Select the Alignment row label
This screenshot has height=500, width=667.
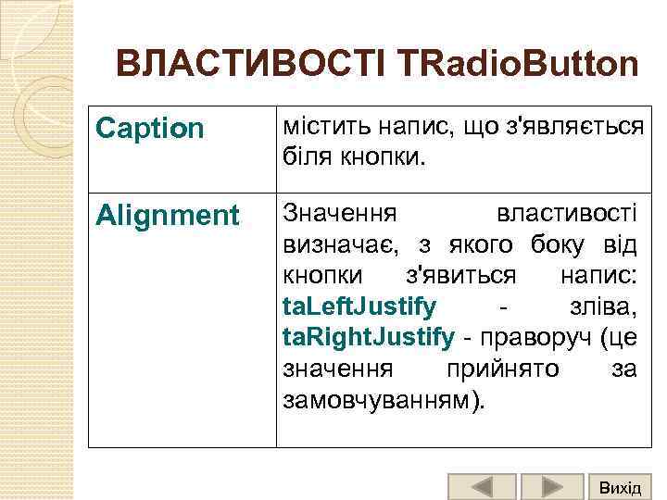tap(168, 216)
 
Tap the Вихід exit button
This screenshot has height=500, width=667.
tap(620, 487)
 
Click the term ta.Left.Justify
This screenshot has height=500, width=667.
tap(359, 306)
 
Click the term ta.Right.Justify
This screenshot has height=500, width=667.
tap(368, 337)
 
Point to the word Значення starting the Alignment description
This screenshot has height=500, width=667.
tap(339, 214)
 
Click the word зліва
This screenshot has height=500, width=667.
tap(600, 306)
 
